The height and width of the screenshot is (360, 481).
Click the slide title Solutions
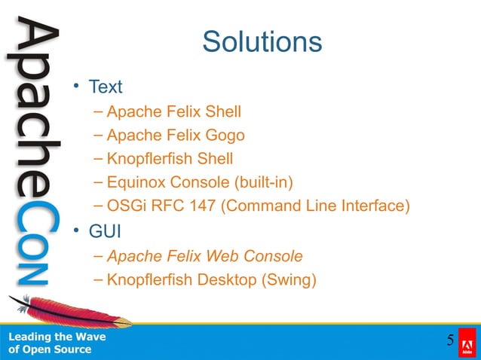tap(262, 41)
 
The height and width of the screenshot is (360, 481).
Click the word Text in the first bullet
tap(106, 87)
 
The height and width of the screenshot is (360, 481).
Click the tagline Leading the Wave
tap(57, 337)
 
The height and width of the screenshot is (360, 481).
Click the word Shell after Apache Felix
tap(219, 112)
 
